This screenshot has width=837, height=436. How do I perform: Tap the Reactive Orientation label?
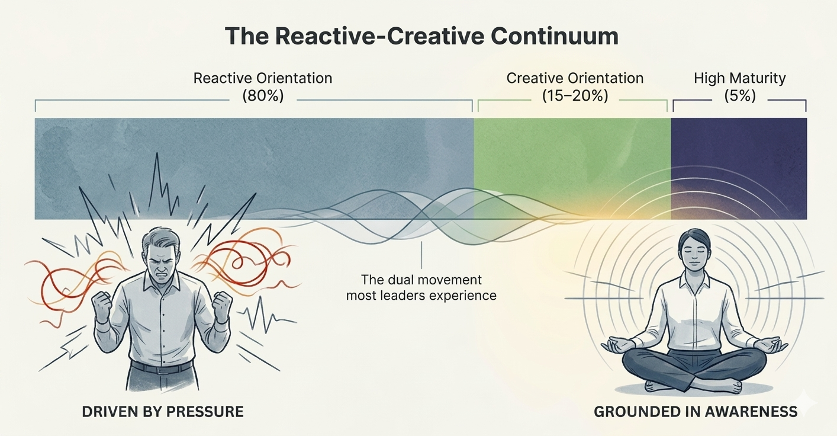click(x=263, y=78)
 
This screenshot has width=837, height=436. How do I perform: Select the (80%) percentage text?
click(x=263, y=96)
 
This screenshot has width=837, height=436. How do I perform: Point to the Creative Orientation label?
click(x=575, y=78)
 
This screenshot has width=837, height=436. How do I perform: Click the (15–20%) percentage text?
click(x=575, y=96)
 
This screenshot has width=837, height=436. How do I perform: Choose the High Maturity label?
click(x=740, y=78)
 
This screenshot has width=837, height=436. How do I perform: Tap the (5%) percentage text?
click(x=740, y=96)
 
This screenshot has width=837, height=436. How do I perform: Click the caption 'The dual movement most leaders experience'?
click(x=421, y=287)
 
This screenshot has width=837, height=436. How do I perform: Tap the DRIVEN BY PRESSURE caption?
click(x=163, y=412)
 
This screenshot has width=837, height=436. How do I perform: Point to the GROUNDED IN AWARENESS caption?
click(x=696, y=412)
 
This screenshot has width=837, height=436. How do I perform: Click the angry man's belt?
click(x=160, y=367)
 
